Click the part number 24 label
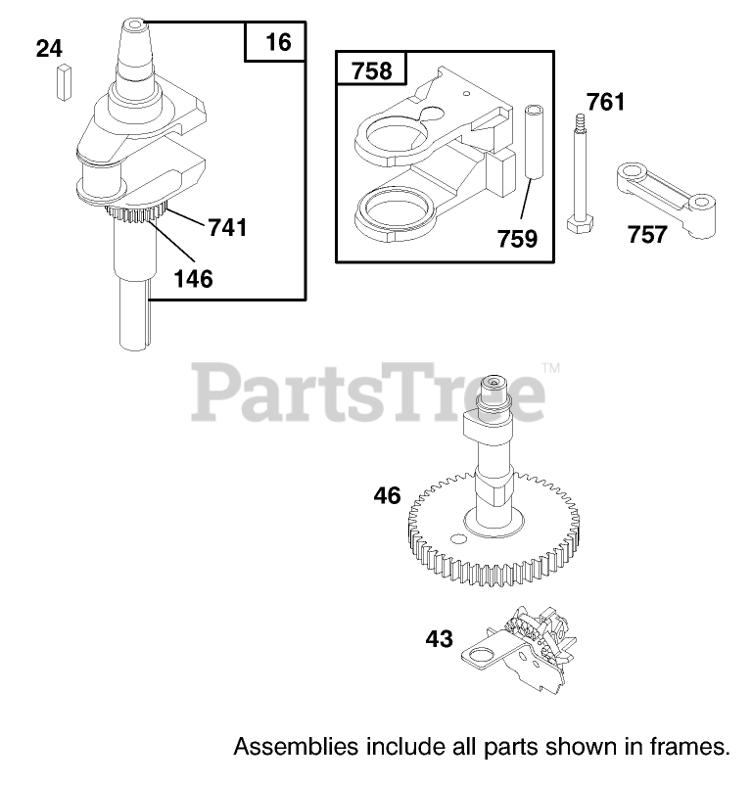coord(49,48)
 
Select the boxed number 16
coord(277,42)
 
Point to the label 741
coord(226,228)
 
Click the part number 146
coord(192,278)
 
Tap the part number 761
coord(606,102)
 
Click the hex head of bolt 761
coord(578,224)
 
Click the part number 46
coord(387,496)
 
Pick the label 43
coord(440,639)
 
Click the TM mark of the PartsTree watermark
coord(550,369)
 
